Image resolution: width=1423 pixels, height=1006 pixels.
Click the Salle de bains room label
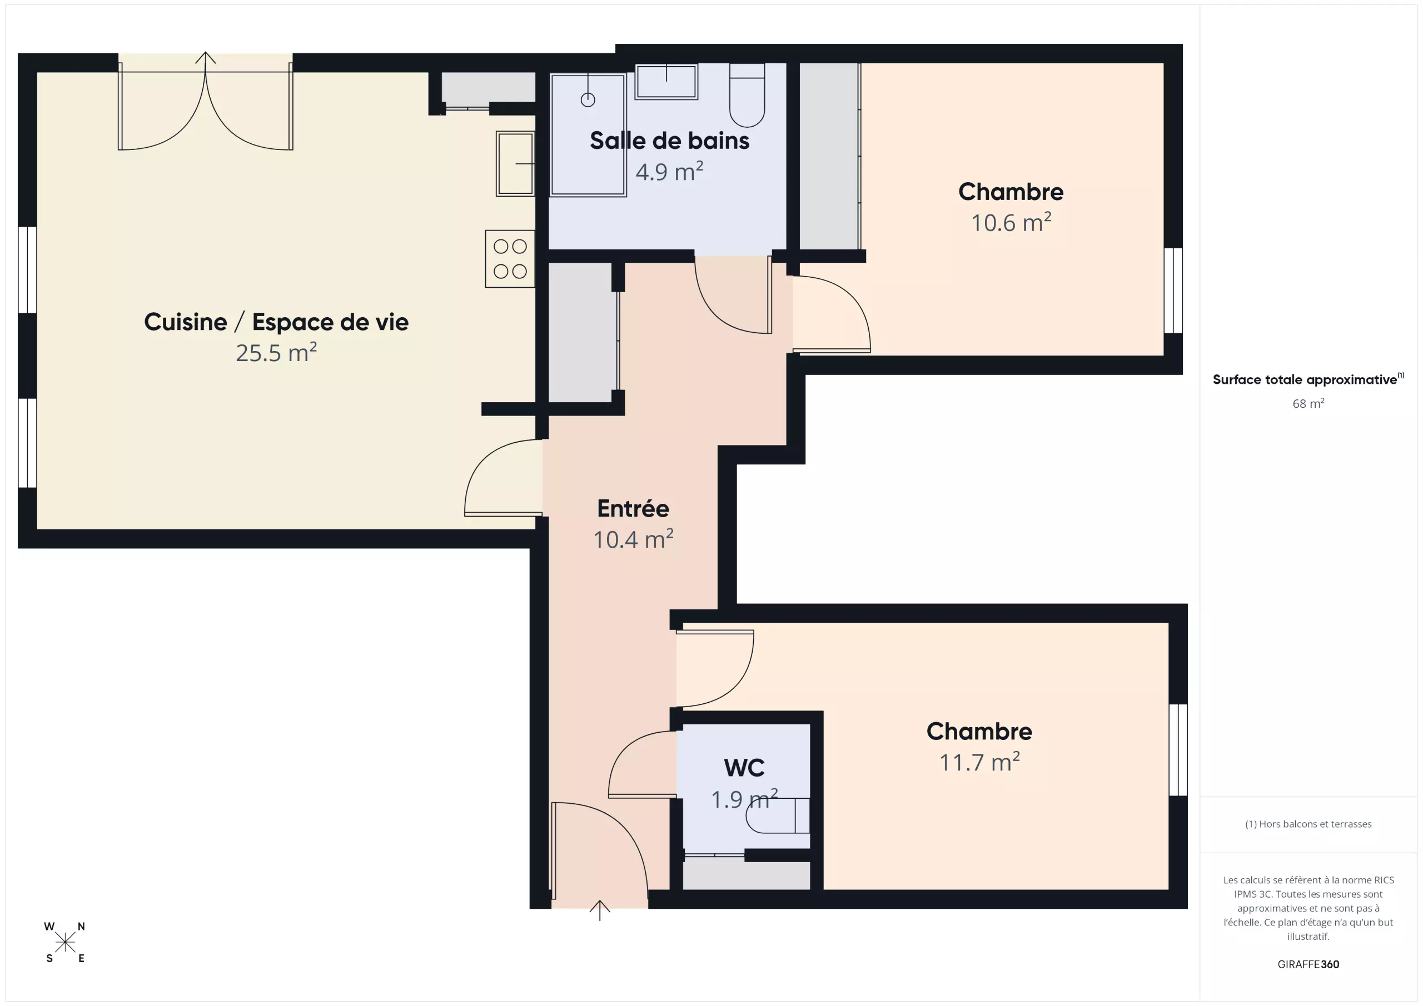(x=669, y=141)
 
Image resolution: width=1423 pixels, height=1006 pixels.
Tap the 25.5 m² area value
(x=276, y=353)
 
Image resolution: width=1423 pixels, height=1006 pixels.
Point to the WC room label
(x=744, y=768)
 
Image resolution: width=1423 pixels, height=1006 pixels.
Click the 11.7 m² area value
(x=979, y=762)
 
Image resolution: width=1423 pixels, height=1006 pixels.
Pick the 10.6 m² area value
(x=1011, y=222)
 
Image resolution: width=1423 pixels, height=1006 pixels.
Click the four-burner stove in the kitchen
(x=510, y=258)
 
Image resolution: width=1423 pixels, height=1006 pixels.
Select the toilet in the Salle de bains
(x=747, y=95)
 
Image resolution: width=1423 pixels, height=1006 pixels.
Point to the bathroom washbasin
(x=666, y=81)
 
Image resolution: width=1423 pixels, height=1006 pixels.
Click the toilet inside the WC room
(x=778, y=816)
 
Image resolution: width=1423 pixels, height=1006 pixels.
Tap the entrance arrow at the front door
(x=599, y=910)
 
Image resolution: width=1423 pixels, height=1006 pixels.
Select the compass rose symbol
(x=65, y=942)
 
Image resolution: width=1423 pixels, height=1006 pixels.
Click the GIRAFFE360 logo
(x=1308, y=964)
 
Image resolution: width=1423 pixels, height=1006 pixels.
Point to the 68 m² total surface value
(x=1308, y=403)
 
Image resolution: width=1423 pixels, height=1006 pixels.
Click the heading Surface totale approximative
(x=1305, y=380)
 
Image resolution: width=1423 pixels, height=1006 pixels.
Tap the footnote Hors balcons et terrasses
(x=1308, y=824)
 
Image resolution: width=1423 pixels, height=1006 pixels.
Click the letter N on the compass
(x=81, y=927)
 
